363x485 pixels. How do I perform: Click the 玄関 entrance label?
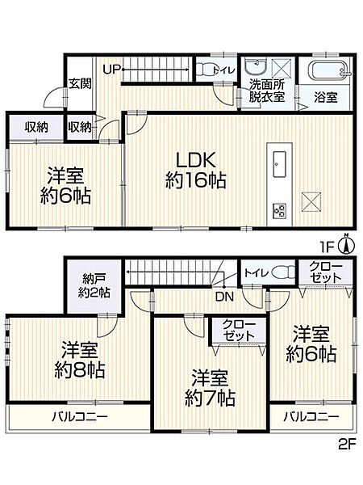click(78, 82)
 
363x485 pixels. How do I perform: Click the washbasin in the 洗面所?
click(257, 67)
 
